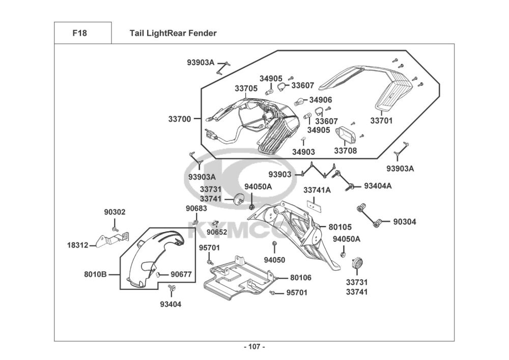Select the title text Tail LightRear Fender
click(173, 33)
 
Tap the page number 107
click(254, 347)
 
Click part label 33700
click(180, 119)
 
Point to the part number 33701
click(381, 121)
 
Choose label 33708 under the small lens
click(346, 151)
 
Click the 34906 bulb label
click(320, 100)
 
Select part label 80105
click(340, 227)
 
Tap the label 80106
click(301, 278)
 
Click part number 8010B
click(96, 274)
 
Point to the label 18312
click(77, 245)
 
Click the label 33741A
click(317, 190)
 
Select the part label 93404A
click(378, 186)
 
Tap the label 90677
click(181, 274)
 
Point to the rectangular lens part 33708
click(346, 134)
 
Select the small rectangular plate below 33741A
click(314, 205)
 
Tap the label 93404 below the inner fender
click(171, 304)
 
